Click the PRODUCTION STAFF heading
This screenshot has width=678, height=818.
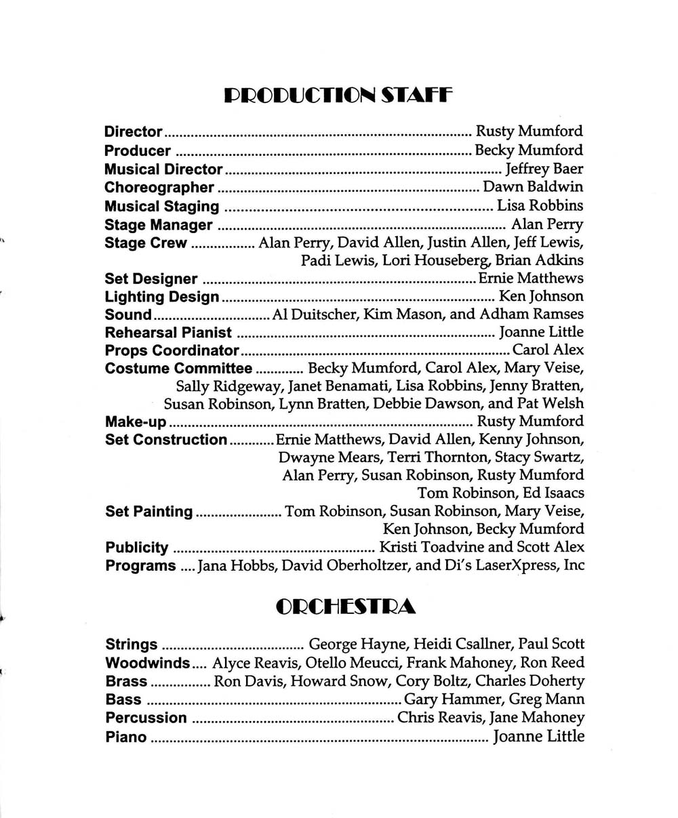pyautogui.click(x=337, y=96)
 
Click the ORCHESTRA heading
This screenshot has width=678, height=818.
pyautogui.click(x=346, y=606)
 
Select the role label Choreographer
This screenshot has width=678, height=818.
pyautogui.click(x=159, y=187)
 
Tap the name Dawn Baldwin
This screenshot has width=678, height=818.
pyautogui.click(x=532, y=186)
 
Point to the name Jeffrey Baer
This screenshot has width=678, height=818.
pyautogui.click(x=544, y=168)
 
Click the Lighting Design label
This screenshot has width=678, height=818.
pyautogui.click(x=162, y=296)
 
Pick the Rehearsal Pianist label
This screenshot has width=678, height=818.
pyautogui.click(x=168, y=333)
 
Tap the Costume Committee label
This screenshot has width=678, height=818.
pyautogui.click(x=178, y=369)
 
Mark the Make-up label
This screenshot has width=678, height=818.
pyautogui.click(x=136, y=422)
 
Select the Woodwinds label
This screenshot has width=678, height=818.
pyautogui.click(x=148, y=663)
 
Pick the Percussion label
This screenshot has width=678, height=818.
pyautogui.click(x=146, y=718)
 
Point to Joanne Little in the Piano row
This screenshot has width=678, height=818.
pyautogui.click(x=538, y=736)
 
